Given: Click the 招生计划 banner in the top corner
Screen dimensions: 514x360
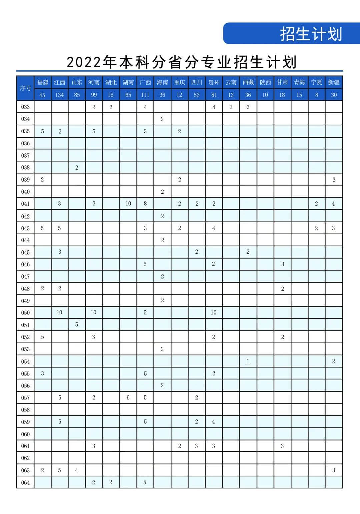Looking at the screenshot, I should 311,34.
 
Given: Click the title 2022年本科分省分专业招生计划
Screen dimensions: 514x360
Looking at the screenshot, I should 182,62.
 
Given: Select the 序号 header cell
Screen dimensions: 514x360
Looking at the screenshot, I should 25,88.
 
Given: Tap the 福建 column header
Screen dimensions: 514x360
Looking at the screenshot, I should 42,82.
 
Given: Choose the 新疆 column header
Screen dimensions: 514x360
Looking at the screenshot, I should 334,82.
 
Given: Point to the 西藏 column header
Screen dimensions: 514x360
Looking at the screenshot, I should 248,82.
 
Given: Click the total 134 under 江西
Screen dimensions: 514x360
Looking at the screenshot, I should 59,95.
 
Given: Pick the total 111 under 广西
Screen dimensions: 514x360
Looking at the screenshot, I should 145,95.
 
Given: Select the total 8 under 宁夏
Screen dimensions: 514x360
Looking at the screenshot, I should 316,95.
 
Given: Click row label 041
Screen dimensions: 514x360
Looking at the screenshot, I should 25,204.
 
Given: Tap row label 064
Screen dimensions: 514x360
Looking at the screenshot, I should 25,482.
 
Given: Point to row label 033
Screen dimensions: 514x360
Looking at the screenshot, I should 25,107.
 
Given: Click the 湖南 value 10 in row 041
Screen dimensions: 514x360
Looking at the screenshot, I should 128,204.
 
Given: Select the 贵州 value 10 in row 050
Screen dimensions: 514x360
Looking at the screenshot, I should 213,313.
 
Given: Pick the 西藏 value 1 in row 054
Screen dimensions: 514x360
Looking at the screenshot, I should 248,361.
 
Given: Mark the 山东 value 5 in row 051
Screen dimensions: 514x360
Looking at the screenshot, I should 77,325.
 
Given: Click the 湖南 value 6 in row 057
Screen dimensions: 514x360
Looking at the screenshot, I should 128,398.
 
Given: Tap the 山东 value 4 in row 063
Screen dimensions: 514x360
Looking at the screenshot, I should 77,470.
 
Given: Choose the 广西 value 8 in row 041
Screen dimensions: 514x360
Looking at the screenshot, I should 145,204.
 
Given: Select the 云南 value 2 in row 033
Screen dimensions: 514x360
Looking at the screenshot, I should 231,107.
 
